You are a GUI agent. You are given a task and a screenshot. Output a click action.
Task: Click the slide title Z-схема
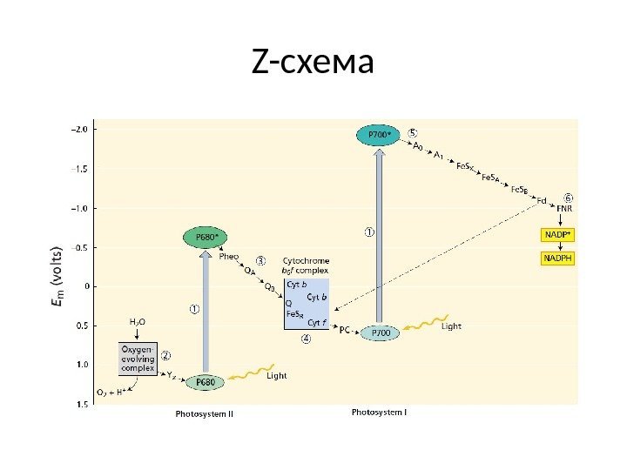313,64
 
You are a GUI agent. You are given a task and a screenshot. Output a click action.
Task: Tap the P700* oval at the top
377,135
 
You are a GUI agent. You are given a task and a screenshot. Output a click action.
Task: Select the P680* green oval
205,237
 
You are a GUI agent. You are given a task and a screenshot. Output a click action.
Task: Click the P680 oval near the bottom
205,381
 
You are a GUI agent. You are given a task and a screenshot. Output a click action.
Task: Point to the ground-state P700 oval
381,332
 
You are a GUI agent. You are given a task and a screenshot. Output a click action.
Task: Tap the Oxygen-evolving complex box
138,357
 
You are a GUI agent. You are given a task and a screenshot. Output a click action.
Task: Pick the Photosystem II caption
205,413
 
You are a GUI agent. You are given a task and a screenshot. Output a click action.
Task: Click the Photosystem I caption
379,411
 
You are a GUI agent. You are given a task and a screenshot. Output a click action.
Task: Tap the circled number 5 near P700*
414,133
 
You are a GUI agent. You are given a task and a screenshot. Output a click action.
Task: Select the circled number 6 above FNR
569,198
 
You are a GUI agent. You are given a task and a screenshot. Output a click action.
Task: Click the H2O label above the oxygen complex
138,322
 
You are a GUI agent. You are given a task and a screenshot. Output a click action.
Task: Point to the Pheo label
229,257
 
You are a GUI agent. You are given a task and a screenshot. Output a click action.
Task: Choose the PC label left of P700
345,330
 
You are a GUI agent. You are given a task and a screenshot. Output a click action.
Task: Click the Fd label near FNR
541,200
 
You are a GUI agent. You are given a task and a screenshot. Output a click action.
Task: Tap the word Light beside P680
276,376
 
